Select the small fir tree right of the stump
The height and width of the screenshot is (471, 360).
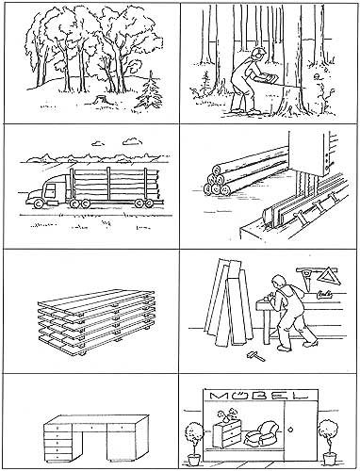[x=150, y=91]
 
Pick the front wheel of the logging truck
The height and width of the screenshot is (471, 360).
[x=39, y=203]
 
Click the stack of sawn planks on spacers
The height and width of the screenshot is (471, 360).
[x=96, y=322]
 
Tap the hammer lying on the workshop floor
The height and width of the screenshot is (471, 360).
[x=255, y=356]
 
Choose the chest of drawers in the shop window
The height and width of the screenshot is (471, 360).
[x=227, y=433]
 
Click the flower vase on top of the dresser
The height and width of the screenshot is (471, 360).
[x=227, y=414]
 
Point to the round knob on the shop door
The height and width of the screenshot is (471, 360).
[x=290, y=430]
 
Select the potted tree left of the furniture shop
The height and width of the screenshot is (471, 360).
[x=194, y=444]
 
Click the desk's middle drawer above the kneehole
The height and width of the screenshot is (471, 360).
[x=91, y=428]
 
